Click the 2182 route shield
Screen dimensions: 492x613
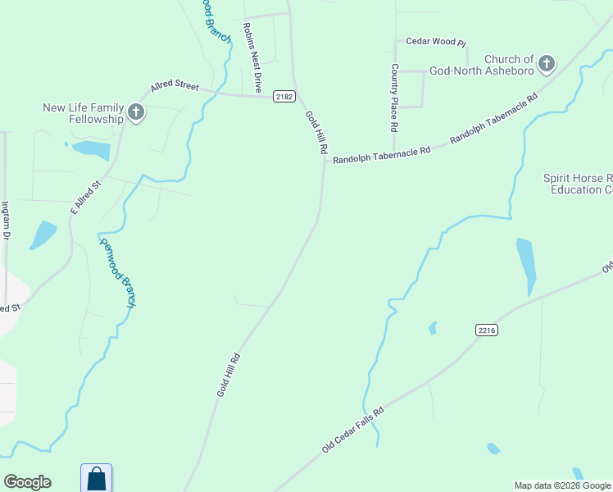click(x=284, y=97)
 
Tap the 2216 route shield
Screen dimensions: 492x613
click(x=486, y=330)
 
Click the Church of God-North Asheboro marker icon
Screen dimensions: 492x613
click(x=547, y=63)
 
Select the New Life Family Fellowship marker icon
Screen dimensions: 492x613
click(x=136, y=112)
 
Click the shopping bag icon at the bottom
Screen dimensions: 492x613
click(x=96, y=478)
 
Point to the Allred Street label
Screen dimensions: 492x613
click(x=175, y=86)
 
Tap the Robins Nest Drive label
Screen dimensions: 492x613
click(x=252, y=57)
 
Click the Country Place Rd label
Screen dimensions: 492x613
click(x=394, y=98)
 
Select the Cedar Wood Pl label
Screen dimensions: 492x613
click(x=436, y=41)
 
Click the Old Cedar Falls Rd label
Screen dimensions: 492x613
click(x=352, y=430)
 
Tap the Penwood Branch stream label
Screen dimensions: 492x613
click(x=118, y=272)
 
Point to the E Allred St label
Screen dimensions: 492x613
click(x=84, y=198)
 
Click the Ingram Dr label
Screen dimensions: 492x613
click(x=6, y=220)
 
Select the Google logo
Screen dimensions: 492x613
click(x=27, y=482)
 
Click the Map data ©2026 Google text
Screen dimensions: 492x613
click(x=561, y=485)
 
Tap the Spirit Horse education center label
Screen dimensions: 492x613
click(x=578, y=184)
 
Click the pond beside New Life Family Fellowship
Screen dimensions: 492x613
click(x=91, y=150)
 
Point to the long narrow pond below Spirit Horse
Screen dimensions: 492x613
click(x=525, y=265)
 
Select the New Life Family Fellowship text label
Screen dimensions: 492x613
click(x=84, y=113)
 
